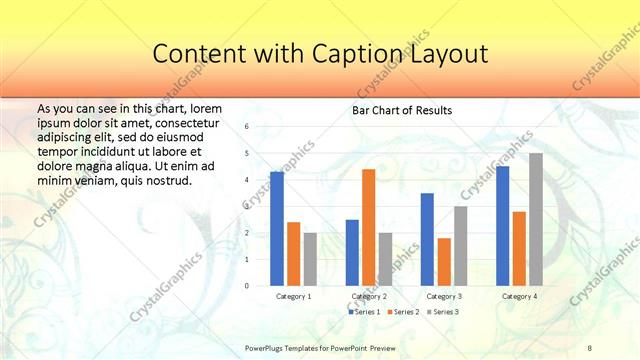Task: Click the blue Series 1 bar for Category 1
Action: coord(277,229)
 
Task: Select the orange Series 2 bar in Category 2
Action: coord(368,227)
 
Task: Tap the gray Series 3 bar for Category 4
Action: coord(536,219)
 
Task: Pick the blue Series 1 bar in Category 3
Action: coord(427,239)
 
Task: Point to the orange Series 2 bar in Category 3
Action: coord(444,262)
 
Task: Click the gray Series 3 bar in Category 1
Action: coord(310,259)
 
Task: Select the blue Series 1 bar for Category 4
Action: coord(502,226)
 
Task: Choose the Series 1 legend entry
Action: coord(365,312)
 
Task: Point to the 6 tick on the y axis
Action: coord(246,127)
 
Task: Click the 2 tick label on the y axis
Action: coord(246,233)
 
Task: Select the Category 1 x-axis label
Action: coord(293,296)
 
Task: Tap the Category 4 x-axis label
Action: coord(519,296)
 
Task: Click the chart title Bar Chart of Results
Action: coord(401,110)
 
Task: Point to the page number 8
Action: coord(590,347)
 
